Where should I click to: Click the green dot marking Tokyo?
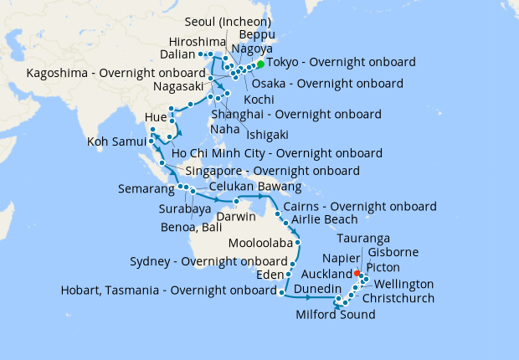pos(260,64)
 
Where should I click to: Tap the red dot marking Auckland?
pos(357,273)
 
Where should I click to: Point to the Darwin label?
pos(237,216)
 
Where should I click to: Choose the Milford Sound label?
pos(336,315)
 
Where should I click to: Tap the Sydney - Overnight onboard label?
pos(208,261)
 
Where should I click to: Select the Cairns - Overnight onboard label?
pos(359,206)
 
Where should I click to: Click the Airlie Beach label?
pos(324,219)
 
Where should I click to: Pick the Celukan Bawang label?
pos(254,186)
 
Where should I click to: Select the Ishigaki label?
pos(267,134)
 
